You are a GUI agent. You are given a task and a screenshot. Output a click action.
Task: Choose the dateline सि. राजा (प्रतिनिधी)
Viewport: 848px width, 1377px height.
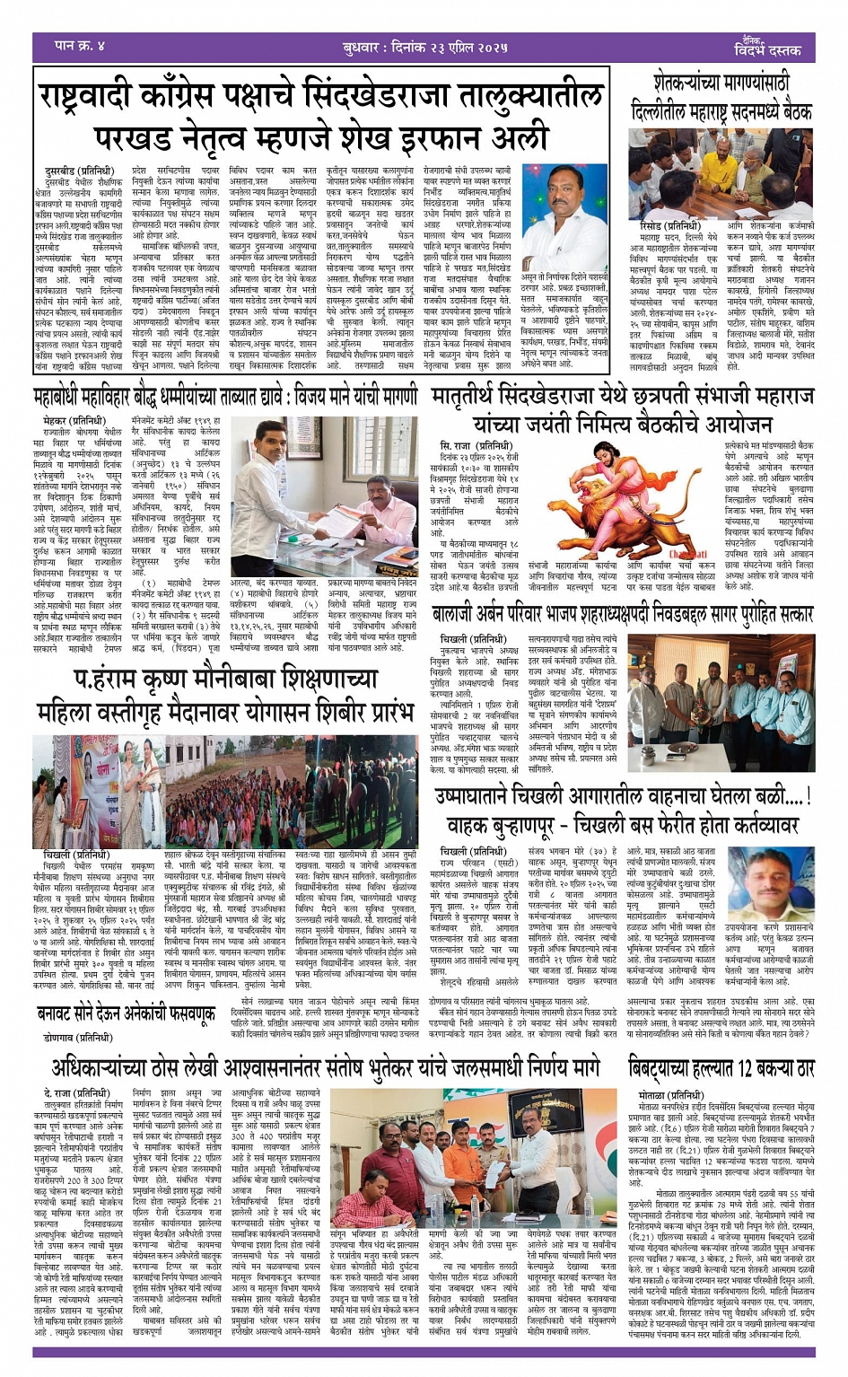475,446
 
